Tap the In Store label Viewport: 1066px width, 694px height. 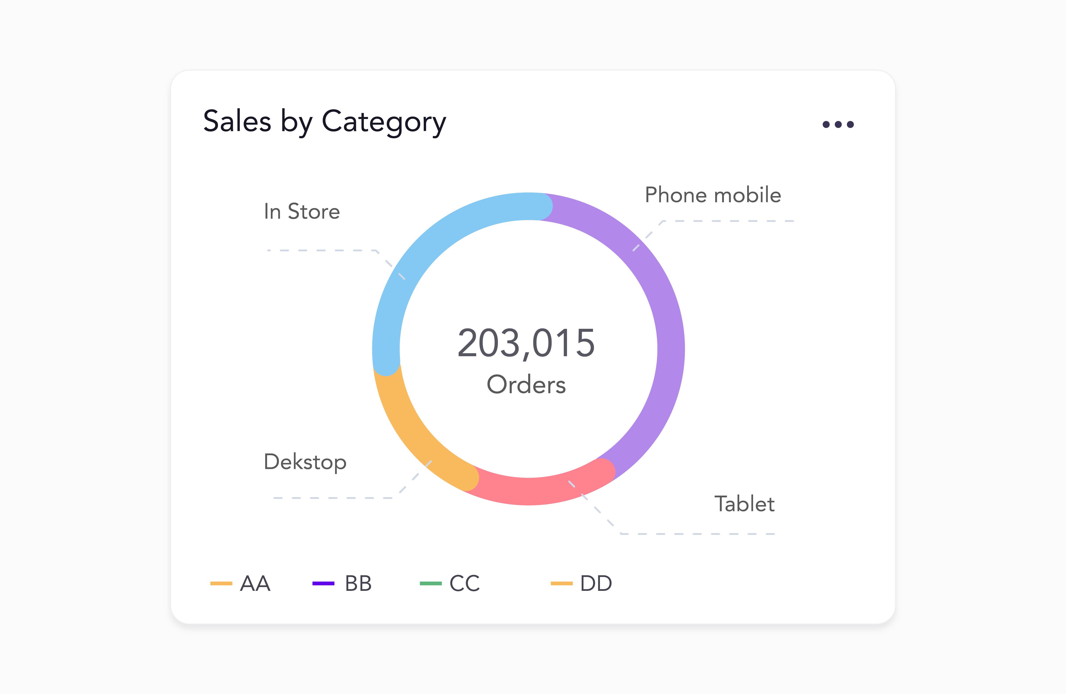coord(302,212)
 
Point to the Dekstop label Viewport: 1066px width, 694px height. coord(305,462)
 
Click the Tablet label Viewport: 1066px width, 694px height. coord(744,504)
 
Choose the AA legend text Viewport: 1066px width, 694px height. coord(255,583)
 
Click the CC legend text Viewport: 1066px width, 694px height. coord(465,583)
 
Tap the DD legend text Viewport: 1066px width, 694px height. coord(596,583)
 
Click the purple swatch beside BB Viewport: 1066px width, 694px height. coord(323,583)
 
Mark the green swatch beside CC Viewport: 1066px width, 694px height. coord(431,583)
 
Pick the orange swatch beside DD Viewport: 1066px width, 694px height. coord(561,583)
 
